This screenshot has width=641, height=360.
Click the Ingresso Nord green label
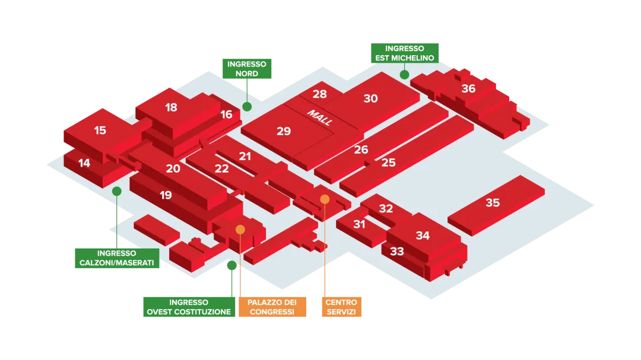click(246, 69)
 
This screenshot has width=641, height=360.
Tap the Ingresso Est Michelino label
click(405, 53)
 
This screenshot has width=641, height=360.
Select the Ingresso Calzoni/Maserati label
click(117, 258)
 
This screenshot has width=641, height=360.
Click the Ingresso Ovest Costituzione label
click(189, 307)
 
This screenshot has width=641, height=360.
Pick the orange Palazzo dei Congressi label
click(272, 307)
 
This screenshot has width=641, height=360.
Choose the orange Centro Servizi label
click(341, 307)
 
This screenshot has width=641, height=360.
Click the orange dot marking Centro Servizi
click(325, 199)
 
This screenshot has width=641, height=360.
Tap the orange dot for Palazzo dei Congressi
click(240, 229)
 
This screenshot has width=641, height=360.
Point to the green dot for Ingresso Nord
click(247, 107)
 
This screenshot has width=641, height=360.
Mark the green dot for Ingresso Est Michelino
click(404, 75)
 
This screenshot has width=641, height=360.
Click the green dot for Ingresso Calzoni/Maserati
click(117, 191)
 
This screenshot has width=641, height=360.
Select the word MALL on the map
click(319, 117)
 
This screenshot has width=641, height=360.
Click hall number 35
click(493, 203)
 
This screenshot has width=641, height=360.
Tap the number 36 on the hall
click(468, 88)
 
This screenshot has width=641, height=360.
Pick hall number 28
click(319, 94)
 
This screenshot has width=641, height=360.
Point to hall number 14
click(84, 163)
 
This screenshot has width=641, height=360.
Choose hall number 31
click(359, 224)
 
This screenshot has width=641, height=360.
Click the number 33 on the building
click(397, 251)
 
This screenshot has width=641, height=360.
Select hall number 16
click(226, 114)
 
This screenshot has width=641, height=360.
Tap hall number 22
click(221, 168)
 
